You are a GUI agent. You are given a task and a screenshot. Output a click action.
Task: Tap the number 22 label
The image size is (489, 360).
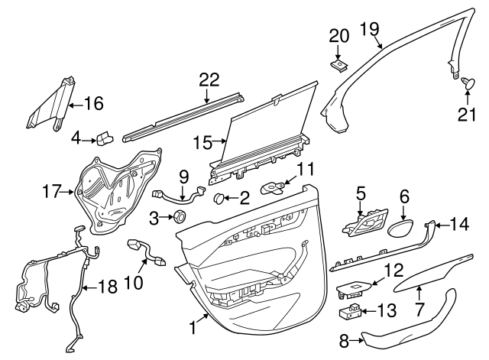[x=209, y=79]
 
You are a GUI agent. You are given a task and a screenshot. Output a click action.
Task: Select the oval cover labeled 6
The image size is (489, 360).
[x=403, y=228]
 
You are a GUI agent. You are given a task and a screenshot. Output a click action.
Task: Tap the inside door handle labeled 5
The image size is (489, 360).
[x=367, y=225]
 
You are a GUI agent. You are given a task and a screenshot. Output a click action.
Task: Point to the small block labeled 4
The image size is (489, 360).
[x=104, y=138]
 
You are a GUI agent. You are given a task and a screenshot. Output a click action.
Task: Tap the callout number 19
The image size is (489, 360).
[x=369, y=30]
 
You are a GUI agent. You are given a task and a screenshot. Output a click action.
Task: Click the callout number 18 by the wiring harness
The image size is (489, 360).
[x=108, y=287]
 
